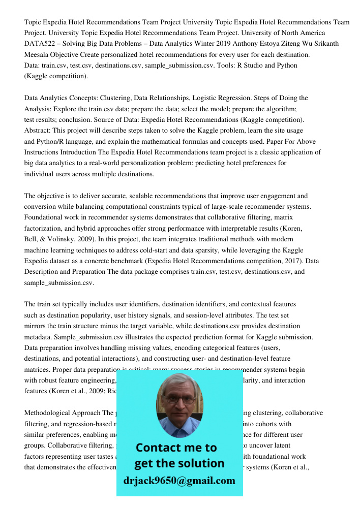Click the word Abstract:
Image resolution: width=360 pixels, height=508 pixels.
point(38,131)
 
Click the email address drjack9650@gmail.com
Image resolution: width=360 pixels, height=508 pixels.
point(179,481)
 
